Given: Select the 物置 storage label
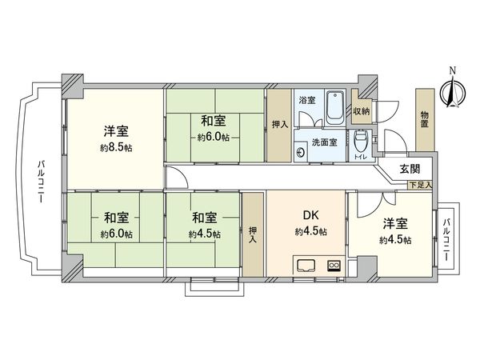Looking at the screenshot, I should pos(423,119).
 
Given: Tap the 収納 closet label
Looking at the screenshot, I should pos(362,112).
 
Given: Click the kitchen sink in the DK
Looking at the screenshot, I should pos(306,265).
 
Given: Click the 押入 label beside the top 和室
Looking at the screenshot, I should pos(278,124).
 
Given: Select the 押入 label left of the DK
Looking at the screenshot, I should pos(253,234).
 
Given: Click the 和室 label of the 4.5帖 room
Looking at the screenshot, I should pos(203,218).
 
